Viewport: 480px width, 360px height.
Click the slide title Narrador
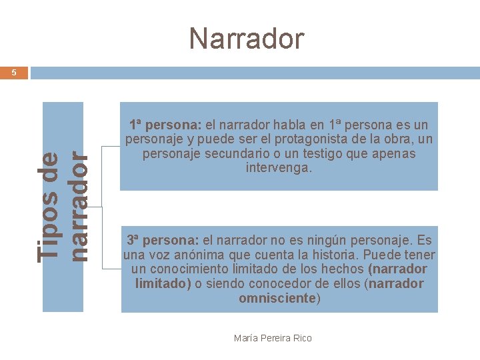coord(246,39)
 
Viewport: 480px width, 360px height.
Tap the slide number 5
coord(14,73)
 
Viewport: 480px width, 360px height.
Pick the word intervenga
coord(279,168)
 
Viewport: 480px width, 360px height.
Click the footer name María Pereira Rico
coord(273,338)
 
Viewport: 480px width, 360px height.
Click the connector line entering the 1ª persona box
coord(111,146)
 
